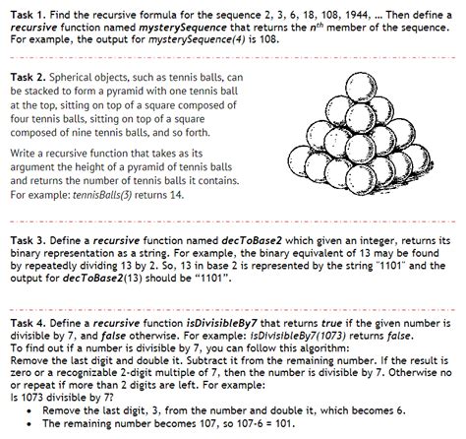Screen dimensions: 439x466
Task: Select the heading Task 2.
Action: coord(28,77)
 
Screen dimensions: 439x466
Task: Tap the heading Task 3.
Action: coord(28,240)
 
